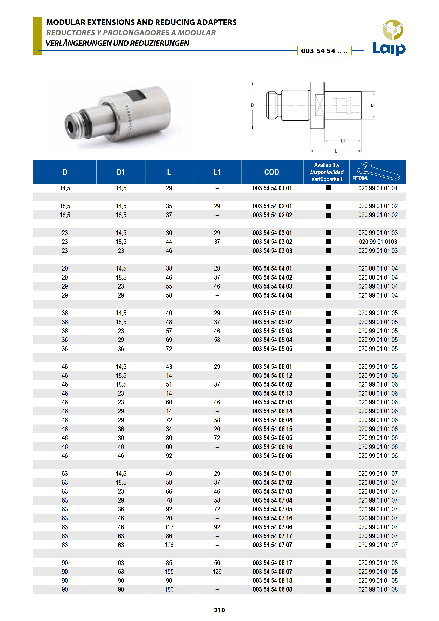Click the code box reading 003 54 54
point(324,51)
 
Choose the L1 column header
point(217,172)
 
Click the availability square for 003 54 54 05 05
point(328,349)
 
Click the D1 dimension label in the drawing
point(373,105)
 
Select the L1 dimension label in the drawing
point(343,141)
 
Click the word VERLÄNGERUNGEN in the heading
point(78,43)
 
